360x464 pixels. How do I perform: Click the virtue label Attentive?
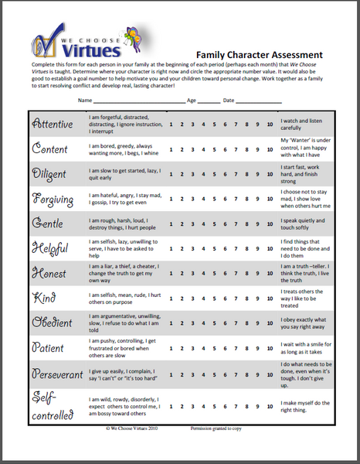pos(52,124)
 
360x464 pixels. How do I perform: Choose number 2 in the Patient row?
pos(181,348)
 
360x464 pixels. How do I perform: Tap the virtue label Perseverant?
pos(56,374)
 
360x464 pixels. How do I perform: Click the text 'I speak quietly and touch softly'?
pos(306,224)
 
